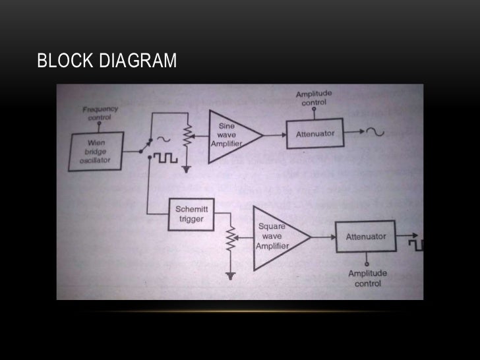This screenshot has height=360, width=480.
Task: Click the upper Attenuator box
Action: click(x=315, y=134)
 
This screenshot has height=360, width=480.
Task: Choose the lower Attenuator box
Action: click(x=366, y=237)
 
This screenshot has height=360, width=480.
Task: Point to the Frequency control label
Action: click(x=100, y=113)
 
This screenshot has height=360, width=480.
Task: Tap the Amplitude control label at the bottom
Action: click(x=367, y=278)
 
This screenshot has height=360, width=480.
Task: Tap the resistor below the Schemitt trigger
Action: click(x=231, y=239)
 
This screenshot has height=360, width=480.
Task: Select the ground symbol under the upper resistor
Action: click(x=187, y=169)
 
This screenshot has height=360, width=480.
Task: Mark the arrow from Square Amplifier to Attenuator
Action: click(x=322, y=236)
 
